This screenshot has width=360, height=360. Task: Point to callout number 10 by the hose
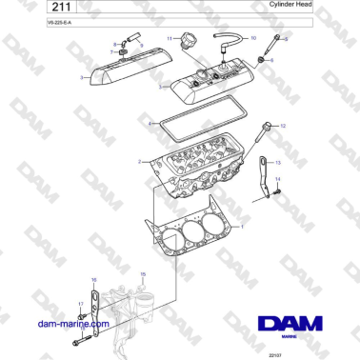(x=252, y=37)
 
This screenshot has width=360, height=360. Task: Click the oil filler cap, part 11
(x=187, y=44)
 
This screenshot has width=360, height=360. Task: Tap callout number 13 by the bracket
(x=278, y=164)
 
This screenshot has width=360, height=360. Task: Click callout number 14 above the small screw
(x=278, y=178)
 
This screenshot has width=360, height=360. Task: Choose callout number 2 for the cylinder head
(x=140, y=162)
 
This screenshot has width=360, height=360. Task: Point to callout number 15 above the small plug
(x=143, y=274)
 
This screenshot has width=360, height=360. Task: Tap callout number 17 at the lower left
(x=79, y=304)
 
